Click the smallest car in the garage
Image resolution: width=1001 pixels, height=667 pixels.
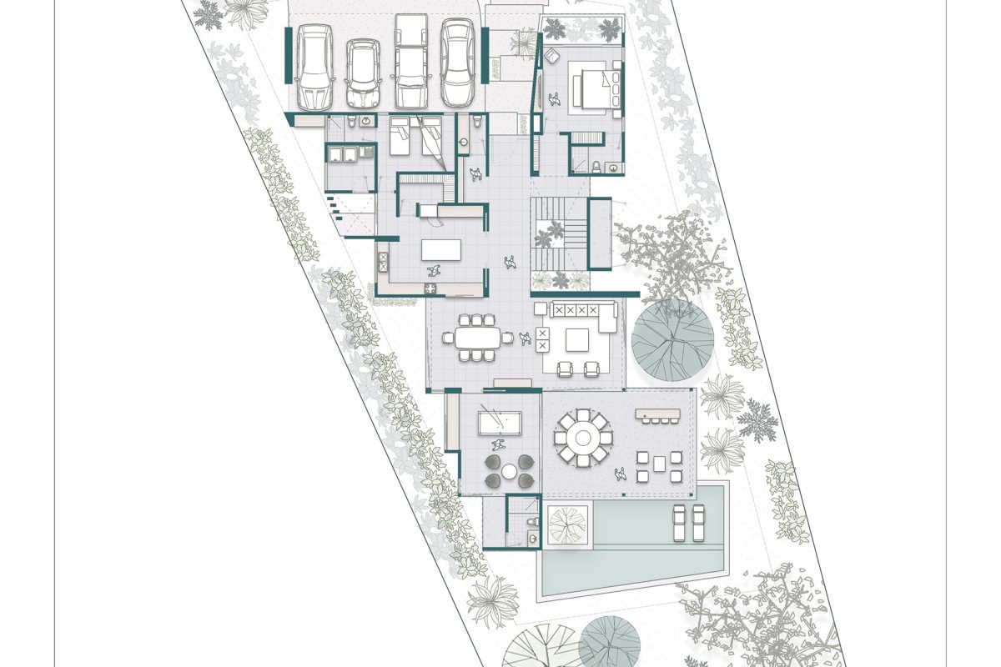363,73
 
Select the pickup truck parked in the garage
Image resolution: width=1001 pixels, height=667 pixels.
410,63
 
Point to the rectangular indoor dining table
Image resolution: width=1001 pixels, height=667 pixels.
477,338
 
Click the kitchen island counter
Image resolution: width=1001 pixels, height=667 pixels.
440,250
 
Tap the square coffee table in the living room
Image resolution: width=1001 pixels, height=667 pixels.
578,340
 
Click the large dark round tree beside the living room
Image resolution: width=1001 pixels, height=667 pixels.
672,339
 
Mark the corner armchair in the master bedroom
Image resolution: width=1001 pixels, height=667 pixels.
555,100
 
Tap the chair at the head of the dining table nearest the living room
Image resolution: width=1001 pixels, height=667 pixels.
508,338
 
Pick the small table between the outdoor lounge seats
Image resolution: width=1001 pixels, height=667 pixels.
658,464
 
